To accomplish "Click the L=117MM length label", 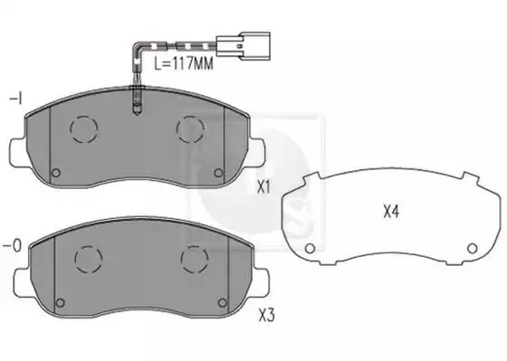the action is (x=183, y=63).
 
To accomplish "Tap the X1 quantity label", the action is (x=263, y=187).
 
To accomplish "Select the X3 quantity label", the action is (x=266, y=316).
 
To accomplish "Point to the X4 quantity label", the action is (x=391, y=212).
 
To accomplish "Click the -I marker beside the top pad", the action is (x=15, y=99).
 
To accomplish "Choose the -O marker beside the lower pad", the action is (x=13, y=246).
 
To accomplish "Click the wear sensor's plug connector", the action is (x=244, y=46).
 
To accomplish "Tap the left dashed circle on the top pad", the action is (x=83, y=129).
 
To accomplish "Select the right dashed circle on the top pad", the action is (x=190, y=129).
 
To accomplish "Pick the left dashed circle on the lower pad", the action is (x=89, y=260).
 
